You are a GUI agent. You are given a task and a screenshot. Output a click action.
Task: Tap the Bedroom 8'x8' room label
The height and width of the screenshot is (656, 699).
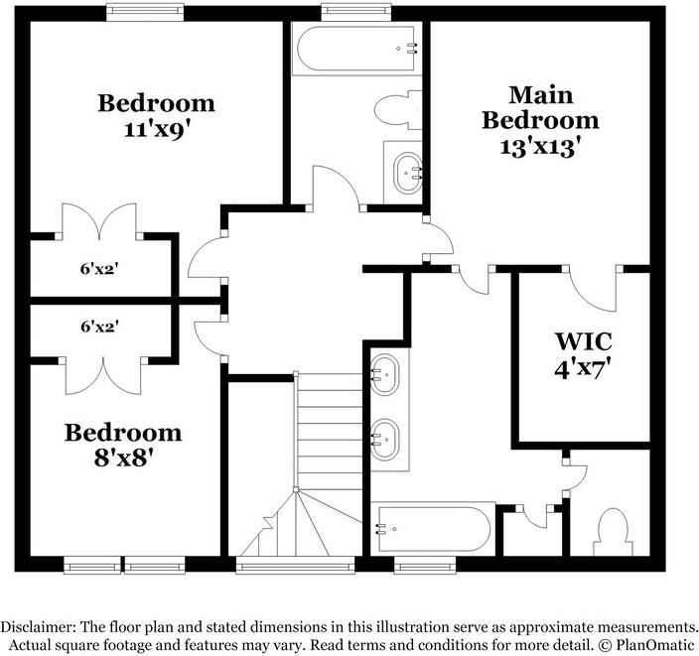(123, 445)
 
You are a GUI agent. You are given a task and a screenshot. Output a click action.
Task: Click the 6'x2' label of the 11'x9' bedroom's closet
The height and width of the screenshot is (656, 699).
(99, 268)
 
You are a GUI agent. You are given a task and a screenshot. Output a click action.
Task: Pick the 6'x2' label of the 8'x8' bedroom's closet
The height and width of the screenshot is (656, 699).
(99, 325)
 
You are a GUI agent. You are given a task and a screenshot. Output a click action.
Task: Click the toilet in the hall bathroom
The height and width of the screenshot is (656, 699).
(399, 110)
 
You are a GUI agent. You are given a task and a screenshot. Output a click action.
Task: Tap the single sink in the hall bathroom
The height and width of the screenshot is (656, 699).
(407, 174)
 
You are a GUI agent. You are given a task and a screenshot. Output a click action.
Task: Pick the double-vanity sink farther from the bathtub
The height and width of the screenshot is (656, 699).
(386, 374)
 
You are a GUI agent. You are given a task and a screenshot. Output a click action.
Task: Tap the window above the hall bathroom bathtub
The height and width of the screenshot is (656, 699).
(352, 11)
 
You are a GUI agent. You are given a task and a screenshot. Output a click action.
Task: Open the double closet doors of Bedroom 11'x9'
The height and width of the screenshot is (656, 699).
(99, 220)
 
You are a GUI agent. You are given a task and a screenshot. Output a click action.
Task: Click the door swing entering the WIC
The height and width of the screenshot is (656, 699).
(594, 287)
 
